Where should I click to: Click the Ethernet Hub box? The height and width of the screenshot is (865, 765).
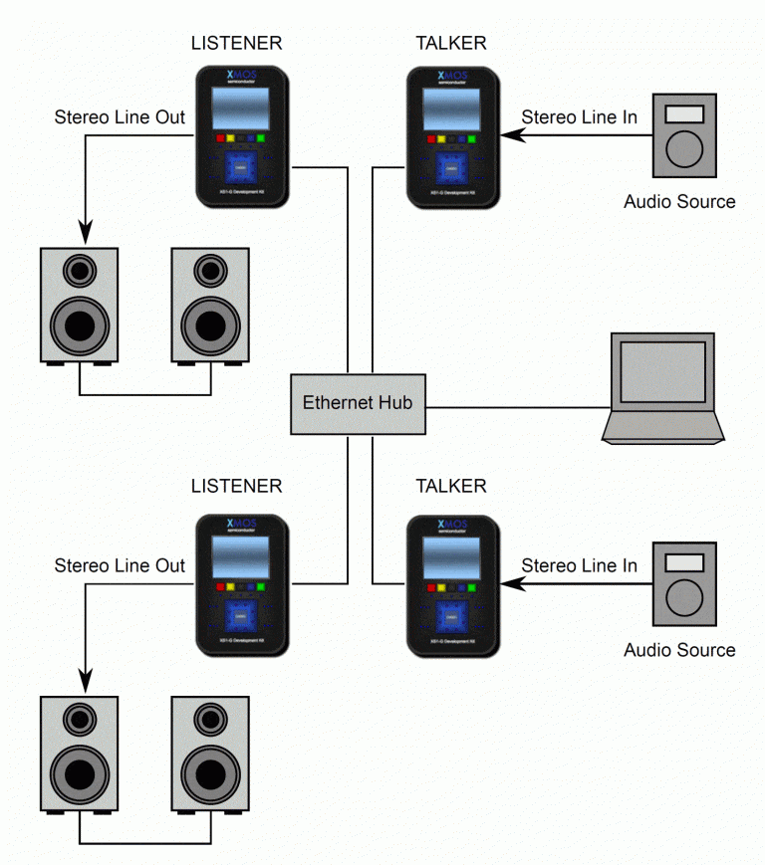tap(358, 403)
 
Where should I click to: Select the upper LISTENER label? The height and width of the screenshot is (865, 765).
tap(236, 43)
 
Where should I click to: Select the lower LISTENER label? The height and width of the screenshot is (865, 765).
tap(236, 487)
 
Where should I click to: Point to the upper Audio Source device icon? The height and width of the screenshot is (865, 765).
tap(683, 133)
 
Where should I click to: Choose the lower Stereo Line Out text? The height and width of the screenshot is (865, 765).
tap(120, 565)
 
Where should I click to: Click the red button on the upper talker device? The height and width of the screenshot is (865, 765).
tap(431, 139)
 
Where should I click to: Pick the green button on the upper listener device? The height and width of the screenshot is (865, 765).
tap(260, 139)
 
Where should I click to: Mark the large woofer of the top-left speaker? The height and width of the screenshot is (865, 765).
tap(80, 324)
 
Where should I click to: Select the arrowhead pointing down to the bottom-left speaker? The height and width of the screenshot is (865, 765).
tap(84, 685)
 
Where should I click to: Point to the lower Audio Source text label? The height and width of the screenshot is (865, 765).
tap(679, 650)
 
